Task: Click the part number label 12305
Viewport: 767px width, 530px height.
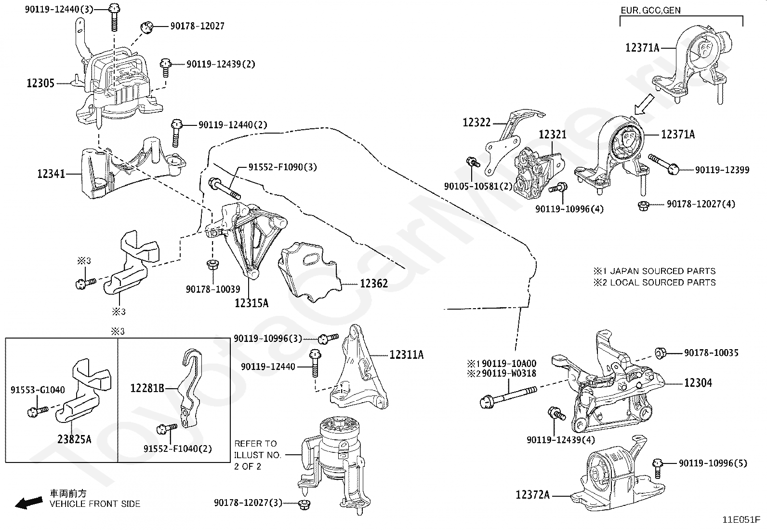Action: click(40, 83)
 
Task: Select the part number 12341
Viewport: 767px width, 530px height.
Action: click(51, 174)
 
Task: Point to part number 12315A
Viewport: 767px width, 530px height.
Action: click(251, 303)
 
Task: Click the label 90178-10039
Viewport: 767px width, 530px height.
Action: click(213, 289)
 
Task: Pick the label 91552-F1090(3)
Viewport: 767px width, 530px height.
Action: click(283, 167)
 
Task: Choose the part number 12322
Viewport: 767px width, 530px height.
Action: click(476, 122)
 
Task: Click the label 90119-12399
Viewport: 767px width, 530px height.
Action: click(722, 170)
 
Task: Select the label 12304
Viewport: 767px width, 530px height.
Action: click(698, 383)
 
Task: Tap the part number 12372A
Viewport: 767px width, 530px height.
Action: click(532, 495)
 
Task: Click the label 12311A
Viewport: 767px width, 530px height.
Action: click(406, 355)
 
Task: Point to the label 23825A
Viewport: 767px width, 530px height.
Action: click(74, 439)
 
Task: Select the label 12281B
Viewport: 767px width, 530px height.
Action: click(147, 388)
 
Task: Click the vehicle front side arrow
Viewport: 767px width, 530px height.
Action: click(28, 503)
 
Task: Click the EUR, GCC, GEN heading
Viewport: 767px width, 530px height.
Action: click(650, 10)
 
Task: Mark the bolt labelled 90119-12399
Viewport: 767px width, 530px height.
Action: click(664, 163)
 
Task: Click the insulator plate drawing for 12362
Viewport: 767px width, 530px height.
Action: click(308, 272)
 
